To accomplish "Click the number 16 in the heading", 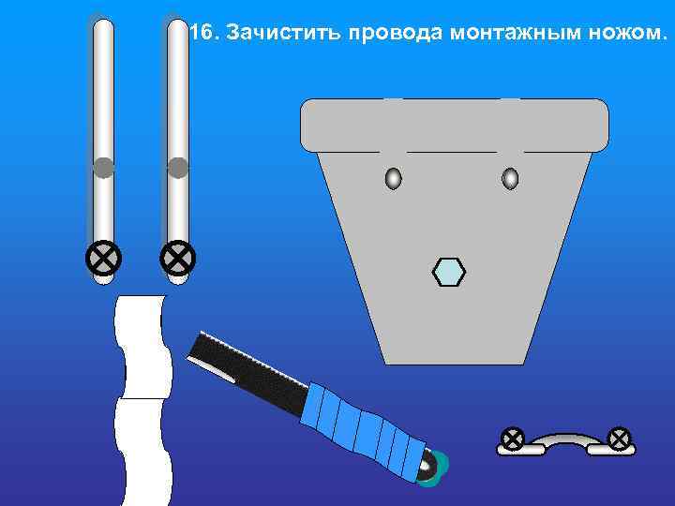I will click(200, 34).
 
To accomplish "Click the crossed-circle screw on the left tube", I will click(103, 256).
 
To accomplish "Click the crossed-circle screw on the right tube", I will click(177, 256).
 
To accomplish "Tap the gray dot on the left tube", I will click(103, 168).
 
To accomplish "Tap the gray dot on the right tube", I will click(177, 168).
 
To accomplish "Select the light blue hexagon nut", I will click(449, 271).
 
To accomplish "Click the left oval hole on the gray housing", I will click(394, 178).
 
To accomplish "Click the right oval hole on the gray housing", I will click(510, 178).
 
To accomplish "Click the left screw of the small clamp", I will click(512, 438).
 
